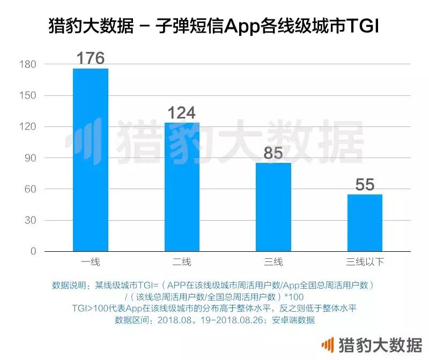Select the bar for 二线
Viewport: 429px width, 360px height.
[x=182, y=187]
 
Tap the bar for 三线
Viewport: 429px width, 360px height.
[x=273, y=207]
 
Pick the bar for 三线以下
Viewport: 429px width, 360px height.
[x=365, y=223]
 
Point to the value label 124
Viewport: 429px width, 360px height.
[x=182, y=113]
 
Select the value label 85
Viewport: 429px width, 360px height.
[x=273, y=154]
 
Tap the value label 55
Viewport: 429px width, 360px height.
[x=365, y=185]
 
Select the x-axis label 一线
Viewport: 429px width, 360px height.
[x=91, y=262]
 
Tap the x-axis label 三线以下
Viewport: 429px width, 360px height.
[x=365, y=262]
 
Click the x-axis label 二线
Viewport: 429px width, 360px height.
[x=182, y=262]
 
